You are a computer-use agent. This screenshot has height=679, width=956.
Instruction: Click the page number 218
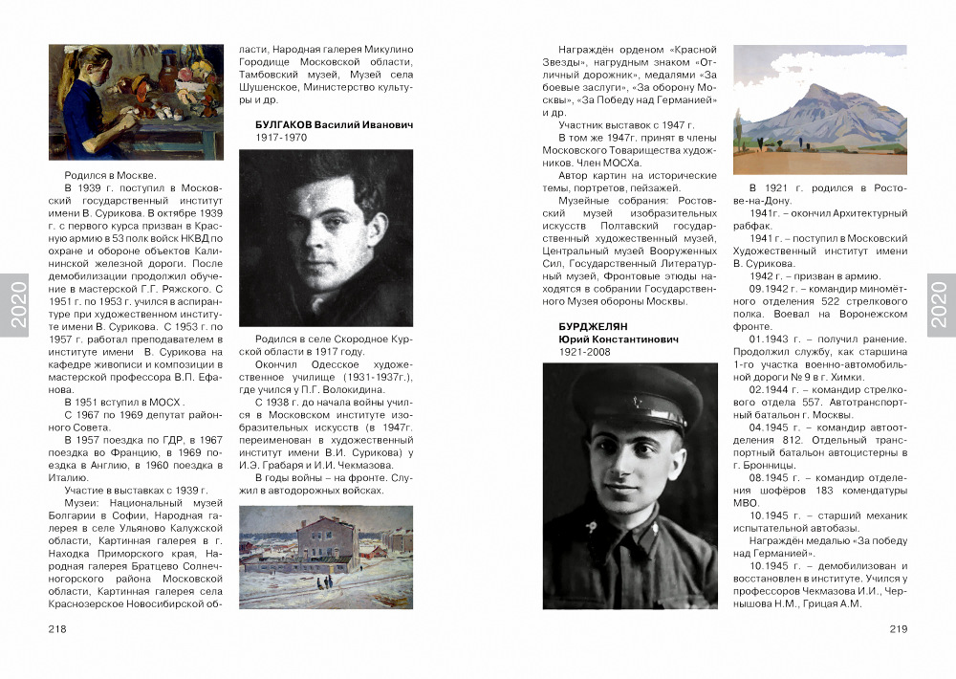coord(56,629)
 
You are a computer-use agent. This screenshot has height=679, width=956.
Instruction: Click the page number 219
coord(898,629)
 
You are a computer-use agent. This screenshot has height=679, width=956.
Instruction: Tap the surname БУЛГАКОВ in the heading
coord(283,125)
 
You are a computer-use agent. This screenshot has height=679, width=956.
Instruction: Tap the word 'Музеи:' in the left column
coord(82,503)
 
